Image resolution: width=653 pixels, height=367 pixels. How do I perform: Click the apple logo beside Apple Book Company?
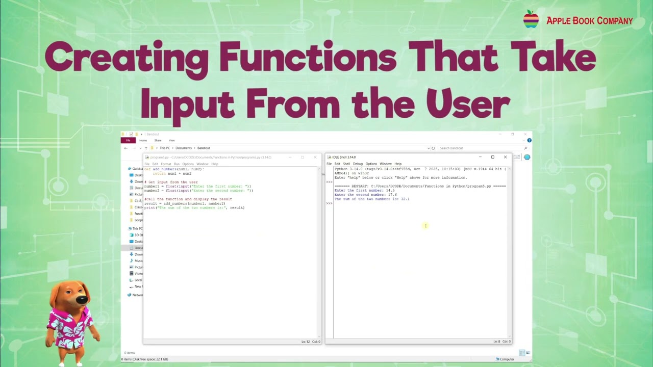pos(531,19)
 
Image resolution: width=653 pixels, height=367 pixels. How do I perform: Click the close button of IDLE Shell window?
pos(505,157)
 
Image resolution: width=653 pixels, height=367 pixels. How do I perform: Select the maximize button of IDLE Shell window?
pos(492,157)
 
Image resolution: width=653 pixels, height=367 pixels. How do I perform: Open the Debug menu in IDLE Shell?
pos(358,164)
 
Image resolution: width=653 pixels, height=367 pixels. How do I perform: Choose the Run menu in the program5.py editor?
pos(177,164)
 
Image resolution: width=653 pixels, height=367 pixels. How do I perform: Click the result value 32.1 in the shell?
pos(405,199)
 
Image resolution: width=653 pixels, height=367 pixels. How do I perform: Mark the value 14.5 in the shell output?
pos(390,190)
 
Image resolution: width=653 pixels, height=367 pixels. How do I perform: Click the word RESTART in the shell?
pos(360,186)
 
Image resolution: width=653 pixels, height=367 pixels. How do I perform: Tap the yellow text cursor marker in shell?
pos(425,225)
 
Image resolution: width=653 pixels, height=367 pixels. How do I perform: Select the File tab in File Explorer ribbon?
pos(128,140)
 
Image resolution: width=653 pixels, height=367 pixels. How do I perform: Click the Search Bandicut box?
pos(480,148)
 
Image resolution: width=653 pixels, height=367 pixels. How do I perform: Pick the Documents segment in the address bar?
pos(184,148)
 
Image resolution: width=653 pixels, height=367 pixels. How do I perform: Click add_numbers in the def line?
pos(164,169)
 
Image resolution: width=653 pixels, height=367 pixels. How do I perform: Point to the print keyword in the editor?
pos(149,207)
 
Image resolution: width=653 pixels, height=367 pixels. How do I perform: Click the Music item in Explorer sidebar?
pos(138,260)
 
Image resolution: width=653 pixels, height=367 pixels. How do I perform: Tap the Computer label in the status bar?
pos(507,359)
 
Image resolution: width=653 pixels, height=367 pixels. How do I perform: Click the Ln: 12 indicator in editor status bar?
pos(305,342)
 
